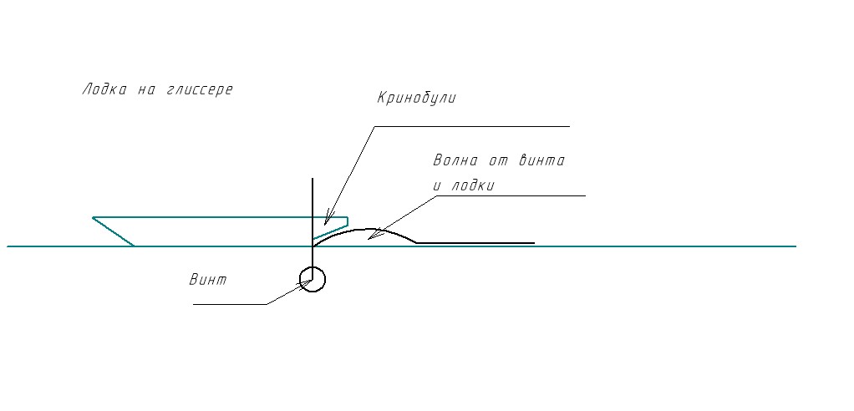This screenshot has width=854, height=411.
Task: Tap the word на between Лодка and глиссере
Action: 140,89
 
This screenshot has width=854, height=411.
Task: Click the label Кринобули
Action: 416,98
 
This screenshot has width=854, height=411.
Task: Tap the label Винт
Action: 207,279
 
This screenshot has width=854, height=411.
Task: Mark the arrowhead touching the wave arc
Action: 372,237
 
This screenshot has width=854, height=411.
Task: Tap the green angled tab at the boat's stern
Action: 332,228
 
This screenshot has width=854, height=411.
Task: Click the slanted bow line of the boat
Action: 114,231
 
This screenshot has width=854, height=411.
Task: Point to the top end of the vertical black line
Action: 313,180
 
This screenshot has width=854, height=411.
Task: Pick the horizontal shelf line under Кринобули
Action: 471,127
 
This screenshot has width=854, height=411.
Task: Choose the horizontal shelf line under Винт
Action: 230,304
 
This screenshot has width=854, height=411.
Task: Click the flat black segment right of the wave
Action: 475,243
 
